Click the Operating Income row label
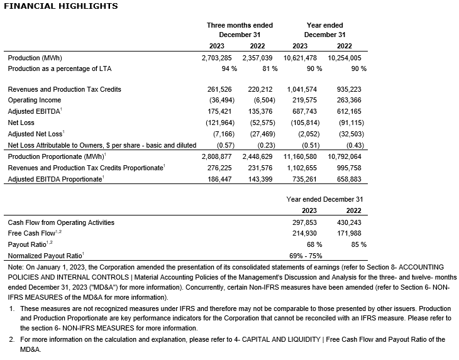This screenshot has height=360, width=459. (35, 100)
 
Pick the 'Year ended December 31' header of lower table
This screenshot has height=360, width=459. (325, 199)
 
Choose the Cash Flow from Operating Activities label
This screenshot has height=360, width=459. (61, 222)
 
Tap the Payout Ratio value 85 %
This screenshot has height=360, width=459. (358, 244)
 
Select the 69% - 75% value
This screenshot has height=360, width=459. (306, 256)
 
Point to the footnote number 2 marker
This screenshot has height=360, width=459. (11, 340)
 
